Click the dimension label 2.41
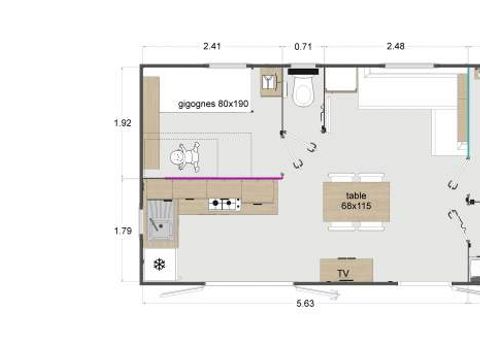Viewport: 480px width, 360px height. (211, 45)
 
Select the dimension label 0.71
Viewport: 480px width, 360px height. (302, 45)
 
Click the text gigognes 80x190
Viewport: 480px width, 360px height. (213, 103)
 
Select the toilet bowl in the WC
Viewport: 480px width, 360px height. (304, 93)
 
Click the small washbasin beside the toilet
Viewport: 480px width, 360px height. (269, 82)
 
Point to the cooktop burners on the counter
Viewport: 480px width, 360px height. (224, 205)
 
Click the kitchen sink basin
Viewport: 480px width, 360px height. (160, 222)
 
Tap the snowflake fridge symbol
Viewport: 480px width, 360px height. (159, 265)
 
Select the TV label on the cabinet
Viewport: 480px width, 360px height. (344, 272)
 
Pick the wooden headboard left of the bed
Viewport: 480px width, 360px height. (151, 125)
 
